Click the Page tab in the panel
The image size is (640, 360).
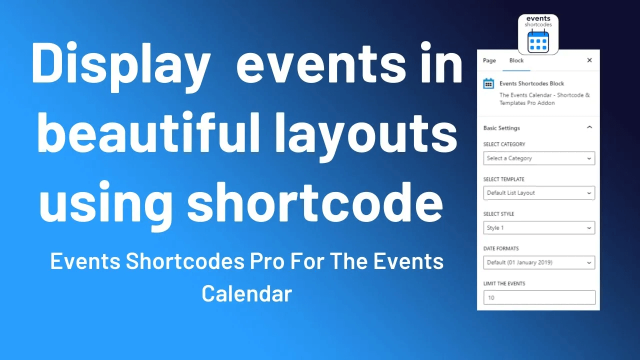pyautogui.click(x=489, y=60)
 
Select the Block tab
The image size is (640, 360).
pyautogui.click(x=516, y=60)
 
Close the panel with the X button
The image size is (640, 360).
pyautogui.click(x=589, y=60)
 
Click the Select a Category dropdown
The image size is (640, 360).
pyautogui.click(x=539, y=158)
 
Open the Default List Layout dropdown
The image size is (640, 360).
pyautogui.click(x=539, y=193)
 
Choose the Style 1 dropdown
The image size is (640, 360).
pyautogui.click(x=539, y=228)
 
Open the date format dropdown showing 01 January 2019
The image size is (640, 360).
pyautogui.click(x=539, y=262)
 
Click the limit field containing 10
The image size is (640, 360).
pyautogui.click(x=539, y=297)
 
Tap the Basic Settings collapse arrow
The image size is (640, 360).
pyautogui.click(x=589, y=127)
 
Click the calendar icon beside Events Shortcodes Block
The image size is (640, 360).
pyautogui.click(x=488, y=84)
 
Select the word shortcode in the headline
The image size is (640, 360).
pyautogui.click(x=315, y=202)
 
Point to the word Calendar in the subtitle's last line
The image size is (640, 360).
pyautogui.click(x=246, y=293)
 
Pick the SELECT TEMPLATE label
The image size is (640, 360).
pyautogui.click(x=503, y=179)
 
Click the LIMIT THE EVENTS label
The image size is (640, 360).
pyautogui.click(x=504, y=283)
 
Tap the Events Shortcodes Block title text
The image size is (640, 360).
pyautogui.click(x=531, y=83)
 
